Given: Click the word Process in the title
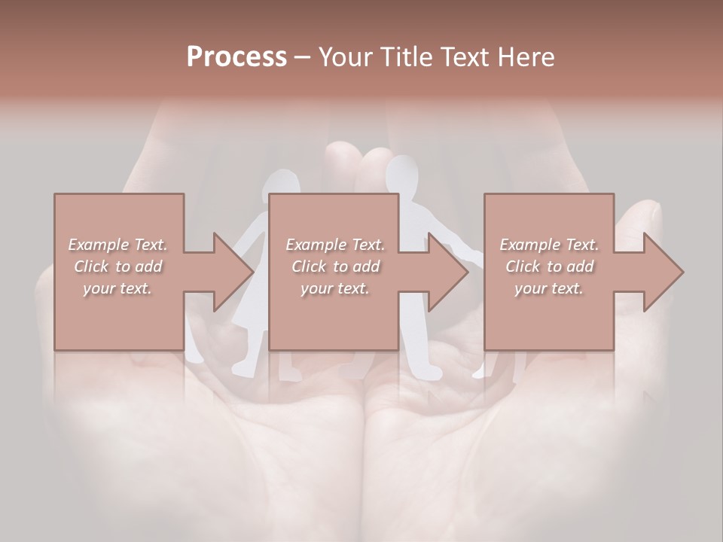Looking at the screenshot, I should pos(236,57).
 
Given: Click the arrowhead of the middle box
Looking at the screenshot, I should pos(447,272).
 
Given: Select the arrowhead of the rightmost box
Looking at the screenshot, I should pos(663,272).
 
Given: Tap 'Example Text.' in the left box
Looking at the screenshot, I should pos(117,245).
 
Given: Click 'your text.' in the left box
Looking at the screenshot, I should pos(117,288).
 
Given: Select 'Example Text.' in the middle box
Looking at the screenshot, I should pos(335,245).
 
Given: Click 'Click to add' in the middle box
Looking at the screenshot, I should pos(335,266).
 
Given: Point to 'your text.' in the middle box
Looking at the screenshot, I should pos(335,288).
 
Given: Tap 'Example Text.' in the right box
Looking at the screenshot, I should pos(549,245).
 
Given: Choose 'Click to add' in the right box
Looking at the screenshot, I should pos(549,266).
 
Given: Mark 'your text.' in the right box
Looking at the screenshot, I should pos(549,288).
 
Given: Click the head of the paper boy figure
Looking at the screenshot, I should pos(401,172).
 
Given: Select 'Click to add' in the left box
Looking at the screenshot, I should pos(117,266).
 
